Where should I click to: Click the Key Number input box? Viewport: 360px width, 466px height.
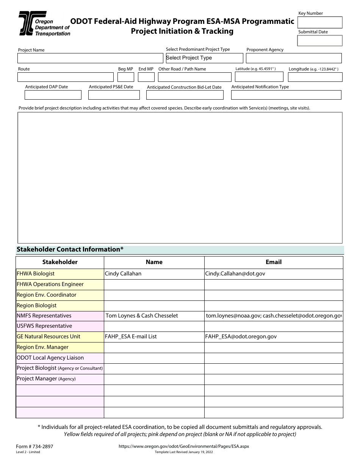320,22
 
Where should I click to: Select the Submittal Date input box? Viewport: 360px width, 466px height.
320,41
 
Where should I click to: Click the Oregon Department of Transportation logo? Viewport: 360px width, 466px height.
44,23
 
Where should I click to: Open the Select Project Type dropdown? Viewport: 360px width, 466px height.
204,58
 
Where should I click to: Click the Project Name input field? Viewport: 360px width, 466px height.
90,58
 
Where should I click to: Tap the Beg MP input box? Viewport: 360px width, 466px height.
126,77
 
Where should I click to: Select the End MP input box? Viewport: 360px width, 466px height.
146,77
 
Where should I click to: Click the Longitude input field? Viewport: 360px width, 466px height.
315,77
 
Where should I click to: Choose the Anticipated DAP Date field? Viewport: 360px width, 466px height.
53,95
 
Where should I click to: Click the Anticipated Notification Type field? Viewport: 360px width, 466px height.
286,95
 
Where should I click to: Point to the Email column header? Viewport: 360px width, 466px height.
273,262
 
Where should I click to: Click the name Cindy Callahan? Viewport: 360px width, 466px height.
123,274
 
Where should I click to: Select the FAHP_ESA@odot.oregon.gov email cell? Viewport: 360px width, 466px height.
241,336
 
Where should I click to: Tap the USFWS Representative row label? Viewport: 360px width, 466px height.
44,326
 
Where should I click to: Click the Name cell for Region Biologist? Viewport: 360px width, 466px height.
154,305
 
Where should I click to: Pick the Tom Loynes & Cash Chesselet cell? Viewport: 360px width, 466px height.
142,316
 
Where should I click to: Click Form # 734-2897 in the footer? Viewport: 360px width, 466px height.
34,446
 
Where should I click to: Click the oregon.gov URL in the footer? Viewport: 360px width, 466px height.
184,446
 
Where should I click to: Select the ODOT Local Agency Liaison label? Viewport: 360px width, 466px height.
50,358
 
